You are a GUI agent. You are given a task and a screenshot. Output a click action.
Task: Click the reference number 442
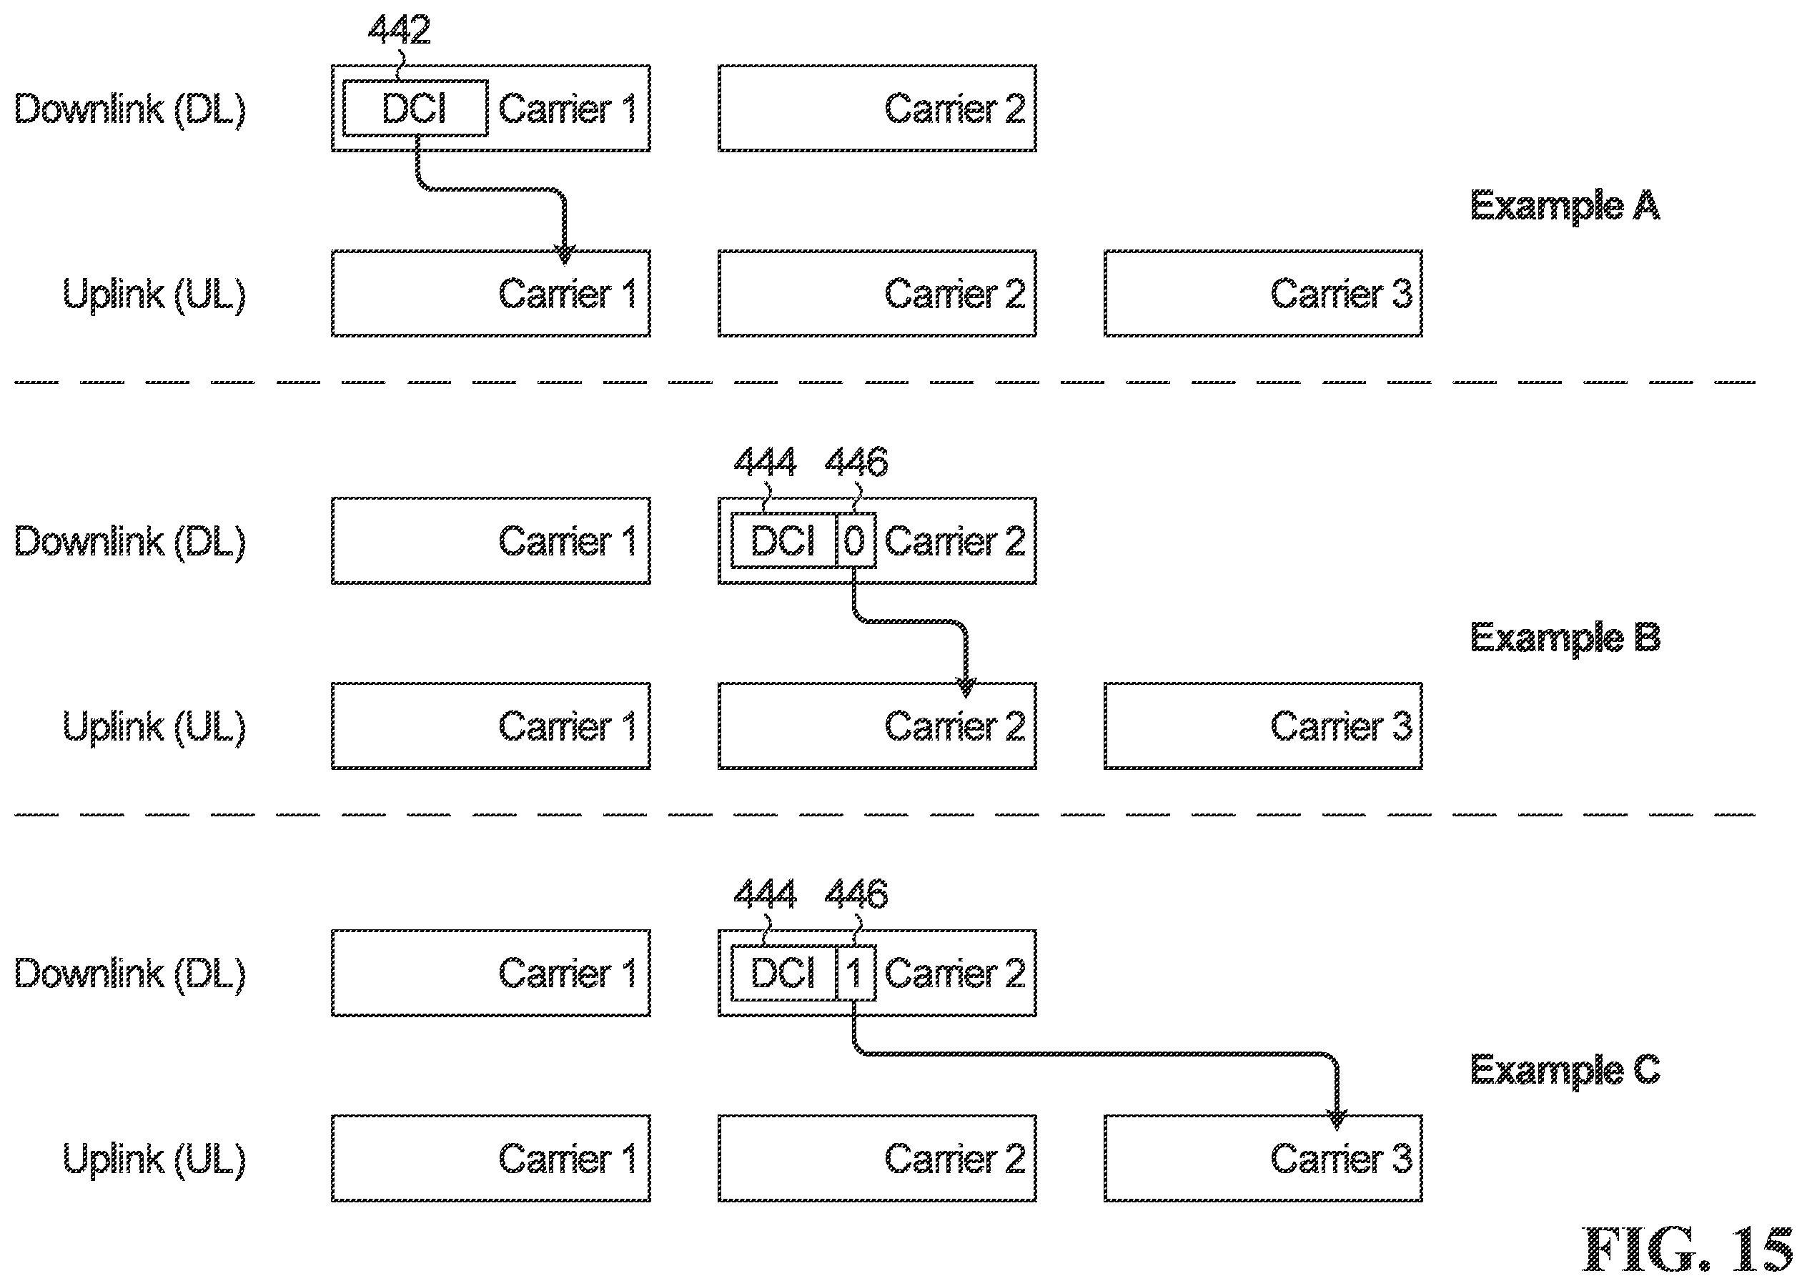399,30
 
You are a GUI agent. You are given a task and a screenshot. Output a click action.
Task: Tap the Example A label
1565,207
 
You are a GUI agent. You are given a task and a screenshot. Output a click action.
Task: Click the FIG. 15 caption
1688,1250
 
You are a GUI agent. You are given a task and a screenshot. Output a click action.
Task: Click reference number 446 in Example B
856,462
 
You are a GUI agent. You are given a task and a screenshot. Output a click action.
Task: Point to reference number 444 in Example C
765,894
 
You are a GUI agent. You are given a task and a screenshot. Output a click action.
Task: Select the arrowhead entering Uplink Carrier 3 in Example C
1337,1119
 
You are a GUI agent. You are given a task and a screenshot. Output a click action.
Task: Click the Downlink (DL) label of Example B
131,543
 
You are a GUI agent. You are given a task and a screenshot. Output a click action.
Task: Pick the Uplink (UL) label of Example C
154,1160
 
